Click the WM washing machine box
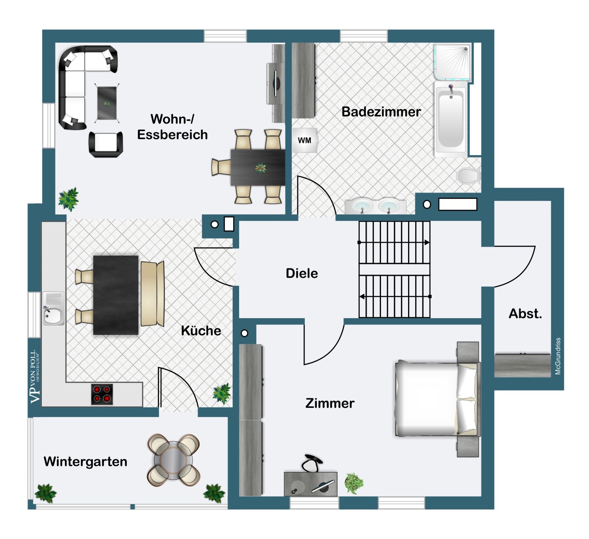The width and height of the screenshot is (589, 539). pyautogui.click(x=304, y=140)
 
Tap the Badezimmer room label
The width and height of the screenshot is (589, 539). pyautogui.click(x=381, y=112)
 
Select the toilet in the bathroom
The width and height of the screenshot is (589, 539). pyautogui.click(x=469, y=175)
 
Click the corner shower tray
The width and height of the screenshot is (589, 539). pyautogui.click(x=452, y=62)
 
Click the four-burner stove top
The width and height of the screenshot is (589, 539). pyautogui.click(x=102, y=394)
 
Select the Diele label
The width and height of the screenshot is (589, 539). pyautogui.click(x=302, y=273)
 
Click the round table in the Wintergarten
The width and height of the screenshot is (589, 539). pyautogui.click(x=173, y=460)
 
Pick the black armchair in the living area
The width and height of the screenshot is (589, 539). pyautogui.click(x=106, y=144)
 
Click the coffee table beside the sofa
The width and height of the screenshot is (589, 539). pyautogui.click(x=107, y=103)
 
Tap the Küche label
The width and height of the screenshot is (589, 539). pyautogui.click(x=201, y=330)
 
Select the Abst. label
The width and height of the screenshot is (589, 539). pyautogui.click(x=525, y=313)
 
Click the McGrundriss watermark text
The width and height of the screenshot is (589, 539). pyautogui.click(x=558, y=356)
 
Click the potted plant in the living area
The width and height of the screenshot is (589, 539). pyautogui.click(x=69, y=199)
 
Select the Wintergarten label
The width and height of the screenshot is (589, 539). pyautogui.click(x=85, y=461)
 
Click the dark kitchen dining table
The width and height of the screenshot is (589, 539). pyautogui.click(x=116, y=295)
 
